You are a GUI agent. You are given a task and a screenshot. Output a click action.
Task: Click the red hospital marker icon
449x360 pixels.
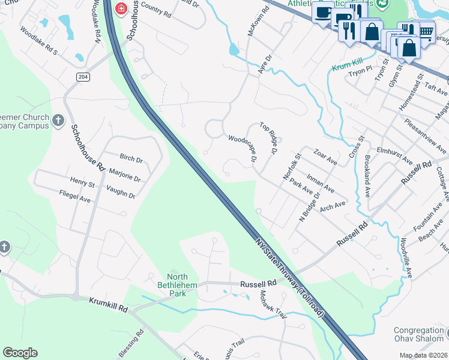(x=121, y=8)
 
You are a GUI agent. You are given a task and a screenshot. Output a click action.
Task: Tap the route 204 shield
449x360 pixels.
(x=83, y=76)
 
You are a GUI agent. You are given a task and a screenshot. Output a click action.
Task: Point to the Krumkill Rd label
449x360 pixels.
(x=109, y=304)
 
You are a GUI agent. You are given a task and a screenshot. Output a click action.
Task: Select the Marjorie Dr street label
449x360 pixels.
(x=125, y=175)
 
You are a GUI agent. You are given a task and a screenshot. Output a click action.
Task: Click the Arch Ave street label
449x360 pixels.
(x=333, y=206)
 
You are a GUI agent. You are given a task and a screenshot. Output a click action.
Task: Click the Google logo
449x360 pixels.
(x=20, y=353)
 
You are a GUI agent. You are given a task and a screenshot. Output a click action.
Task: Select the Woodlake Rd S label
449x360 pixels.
(x=38, y=40)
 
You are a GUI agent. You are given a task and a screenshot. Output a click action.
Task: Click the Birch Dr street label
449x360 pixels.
(x=131, y=160)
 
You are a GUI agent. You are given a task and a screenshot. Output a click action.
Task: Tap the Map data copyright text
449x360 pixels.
(x=424, y=355)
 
